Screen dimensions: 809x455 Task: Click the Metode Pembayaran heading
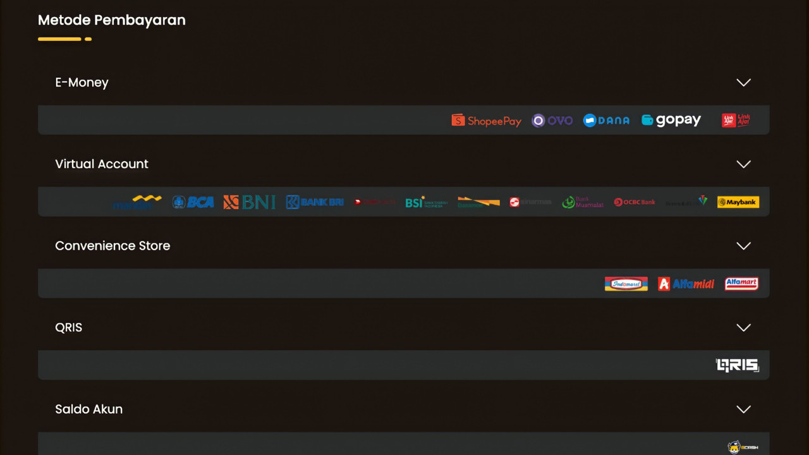112,20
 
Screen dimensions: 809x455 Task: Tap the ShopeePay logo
486,120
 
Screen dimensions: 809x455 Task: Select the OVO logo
552,120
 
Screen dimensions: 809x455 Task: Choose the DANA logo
606,120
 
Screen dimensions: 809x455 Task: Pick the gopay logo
671,120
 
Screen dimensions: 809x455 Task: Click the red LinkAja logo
736,120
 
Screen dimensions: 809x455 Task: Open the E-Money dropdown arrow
743,83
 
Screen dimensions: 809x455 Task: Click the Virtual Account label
102,164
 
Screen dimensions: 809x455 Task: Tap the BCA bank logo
193,202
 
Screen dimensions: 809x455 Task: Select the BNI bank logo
250,202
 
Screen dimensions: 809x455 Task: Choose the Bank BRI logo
315,202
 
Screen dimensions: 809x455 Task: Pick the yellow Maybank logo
738,202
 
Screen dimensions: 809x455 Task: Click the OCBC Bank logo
635,202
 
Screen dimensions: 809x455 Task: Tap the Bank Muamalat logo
583,202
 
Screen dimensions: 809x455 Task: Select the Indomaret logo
626,284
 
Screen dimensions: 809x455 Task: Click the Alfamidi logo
686,284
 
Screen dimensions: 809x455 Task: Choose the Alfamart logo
741,284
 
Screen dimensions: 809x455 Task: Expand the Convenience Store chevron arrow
743,246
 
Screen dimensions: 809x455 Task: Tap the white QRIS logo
737,365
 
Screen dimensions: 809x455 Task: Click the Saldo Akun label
89,409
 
